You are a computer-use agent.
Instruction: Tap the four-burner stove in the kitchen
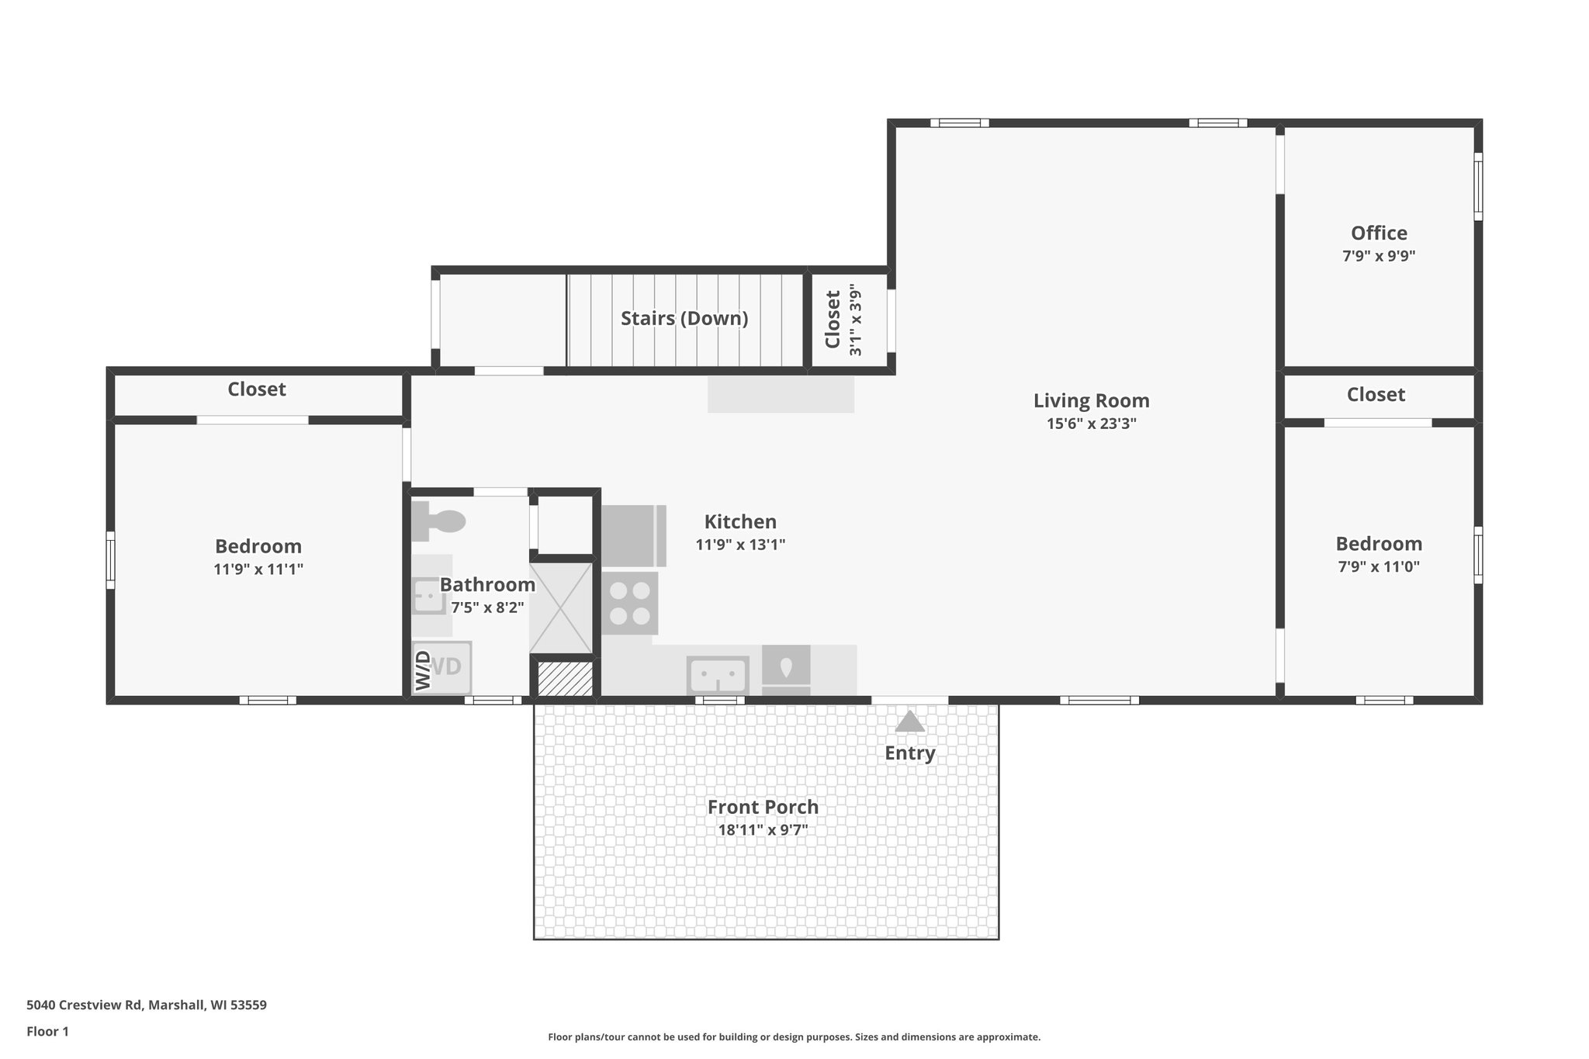pos(629,603)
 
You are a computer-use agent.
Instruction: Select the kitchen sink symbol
pos(718,674)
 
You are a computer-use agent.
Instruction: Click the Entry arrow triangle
pos(909,722)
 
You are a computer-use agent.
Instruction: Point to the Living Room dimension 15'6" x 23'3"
pos(1091,424)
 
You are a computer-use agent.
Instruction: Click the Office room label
pos(1379,233)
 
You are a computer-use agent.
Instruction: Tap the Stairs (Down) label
pos(684,318)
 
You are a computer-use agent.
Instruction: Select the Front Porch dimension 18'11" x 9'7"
pos(763,829)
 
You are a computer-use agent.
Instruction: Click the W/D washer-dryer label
pos(424,670)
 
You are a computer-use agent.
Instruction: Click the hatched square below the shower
pos(565,678)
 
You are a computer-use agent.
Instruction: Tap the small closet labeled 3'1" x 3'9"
pos(843,319)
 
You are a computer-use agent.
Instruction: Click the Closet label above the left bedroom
pos(256,389)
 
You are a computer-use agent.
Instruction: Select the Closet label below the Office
pos(1376,395)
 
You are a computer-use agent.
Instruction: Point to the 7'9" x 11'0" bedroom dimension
pos(1379,566)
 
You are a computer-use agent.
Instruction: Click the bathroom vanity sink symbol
pos(428,596)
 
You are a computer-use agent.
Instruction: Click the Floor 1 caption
pos(47,1031)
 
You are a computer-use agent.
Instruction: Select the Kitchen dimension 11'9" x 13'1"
pos(740,545)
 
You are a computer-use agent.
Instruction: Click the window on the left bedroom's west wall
pos(111,559)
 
